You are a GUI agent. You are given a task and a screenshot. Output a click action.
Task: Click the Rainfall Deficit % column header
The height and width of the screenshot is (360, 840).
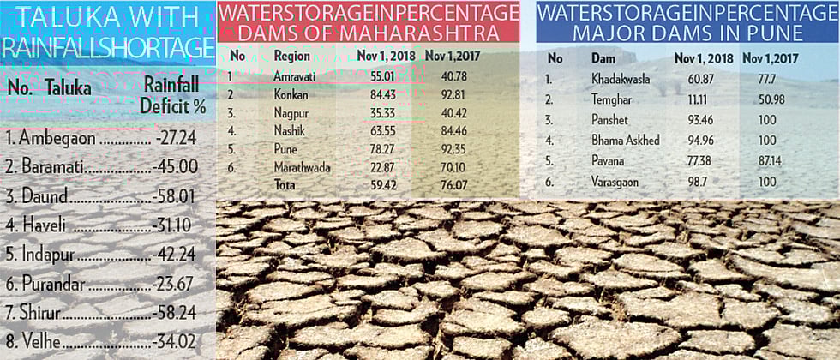click(x=176, y=96)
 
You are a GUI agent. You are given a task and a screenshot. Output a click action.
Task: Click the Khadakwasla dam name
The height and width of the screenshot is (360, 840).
click(x=621, y=79)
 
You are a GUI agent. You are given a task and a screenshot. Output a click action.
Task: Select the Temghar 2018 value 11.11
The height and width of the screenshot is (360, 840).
click(x=694, y=99)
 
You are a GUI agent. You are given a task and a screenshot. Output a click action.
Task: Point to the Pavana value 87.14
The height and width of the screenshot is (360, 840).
click(x=759, y=161)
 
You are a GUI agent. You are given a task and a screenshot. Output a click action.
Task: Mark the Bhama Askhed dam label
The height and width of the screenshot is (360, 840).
click(x=626, y=141)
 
